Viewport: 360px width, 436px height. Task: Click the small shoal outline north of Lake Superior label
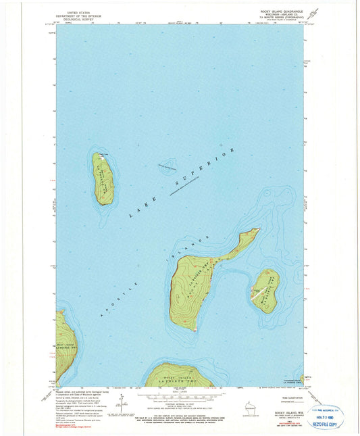pyautogui.click(x=166, y=166)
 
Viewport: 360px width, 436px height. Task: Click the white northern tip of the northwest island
pyautogui.click(x=101, y=155)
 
